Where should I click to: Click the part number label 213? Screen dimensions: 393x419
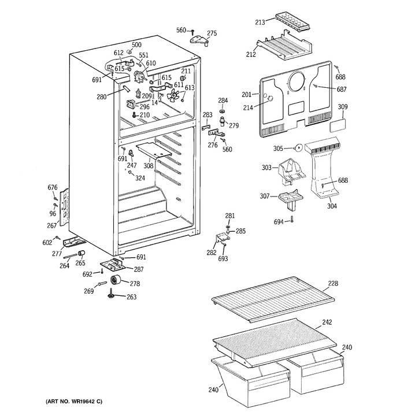(259, 22)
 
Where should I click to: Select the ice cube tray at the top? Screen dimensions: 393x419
(293, 21)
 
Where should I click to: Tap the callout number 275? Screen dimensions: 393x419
(212, 34)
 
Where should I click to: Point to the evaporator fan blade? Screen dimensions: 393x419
(173, 95)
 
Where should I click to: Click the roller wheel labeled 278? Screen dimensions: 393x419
(116, 280)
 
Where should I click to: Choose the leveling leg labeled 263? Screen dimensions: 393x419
(110, 294)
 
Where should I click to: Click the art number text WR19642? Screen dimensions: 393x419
(83, 401)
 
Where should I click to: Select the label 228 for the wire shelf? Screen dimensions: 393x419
(333, 283)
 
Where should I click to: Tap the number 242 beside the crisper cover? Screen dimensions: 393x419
(327, 322)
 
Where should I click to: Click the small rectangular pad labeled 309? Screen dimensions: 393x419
(338, 125)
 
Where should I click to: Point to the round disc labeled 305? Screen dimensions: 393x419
(298, 148)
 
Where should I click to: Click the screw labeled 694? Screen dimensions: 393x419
(292, 220)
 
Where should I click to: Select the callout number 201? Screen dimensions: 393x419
(247, 94)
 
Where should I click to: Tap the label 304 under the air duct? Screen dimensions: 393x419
(332, 206)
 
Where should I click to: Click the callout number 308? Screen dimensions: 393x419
(149, 166)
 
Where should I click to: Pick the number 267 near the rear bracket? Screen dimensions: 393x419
(52, 225)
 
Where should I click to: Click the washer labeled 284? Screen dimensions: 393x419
(223, 110)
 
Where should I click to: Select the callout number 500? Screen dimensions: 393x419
(136, 45)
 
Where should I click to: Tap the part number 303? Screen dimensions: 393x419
(266, 168)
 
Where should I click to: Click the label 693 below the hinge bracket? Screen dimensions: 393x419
(223, 258)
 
